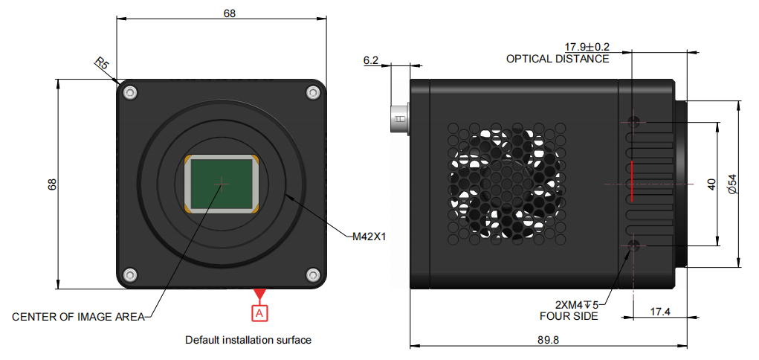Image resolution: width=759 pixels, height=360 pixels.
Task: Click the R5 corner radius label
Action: pos(101,64)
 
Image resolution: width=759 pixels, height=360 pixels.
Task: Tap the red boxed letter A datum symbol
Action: pos(259,313)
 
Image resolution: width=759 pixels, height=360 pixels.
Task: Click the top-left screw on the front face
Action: pos(131,92)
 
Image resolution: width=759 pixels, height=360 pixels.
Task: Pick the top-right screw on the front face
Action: pos(312,92)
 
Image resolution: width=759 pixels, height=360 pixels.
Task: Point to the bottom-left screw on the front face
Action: pos(131,274)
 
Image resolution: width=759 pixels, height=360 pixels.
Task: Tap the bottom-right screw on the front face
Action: pos(312,274)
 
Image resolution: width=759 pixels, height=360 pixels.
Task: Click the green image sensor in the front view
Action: pos(222,183)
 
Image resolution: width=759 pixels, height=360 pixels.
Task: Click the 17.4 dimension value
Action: pos(660,312)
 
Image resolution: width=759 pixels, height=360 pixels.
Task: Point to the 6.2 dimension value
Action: pos(371,60)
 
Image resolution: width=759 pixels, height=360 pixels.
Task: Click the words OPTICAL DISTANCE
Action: pos(558,59)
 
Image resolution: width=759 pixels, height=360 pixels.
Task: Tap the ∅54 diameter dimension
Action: pos(731,183)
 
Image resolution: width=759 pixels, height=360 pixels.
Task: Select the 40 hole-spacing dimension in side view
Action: pos(711,183)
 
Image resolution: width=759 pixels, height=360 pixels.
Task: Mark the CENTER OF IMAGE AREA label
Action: pos(77,317)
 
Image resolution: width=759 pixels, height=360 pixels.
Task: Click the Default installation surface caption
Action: pos(248,340)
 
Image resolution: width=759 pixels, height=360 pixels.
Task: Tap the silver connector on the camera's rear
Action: pos(400,118)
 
